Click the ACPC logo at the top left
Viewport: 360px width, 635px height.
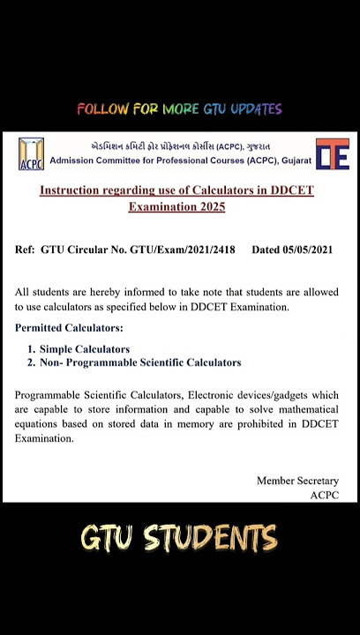31,153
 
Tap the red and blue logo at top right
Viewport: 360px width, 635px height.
333,153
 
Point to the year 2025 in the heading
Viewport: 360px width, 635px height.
210,206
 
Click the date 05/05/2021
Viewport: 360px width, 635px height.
307,250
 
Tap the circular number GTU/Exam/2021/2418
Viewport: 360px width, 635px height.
183,250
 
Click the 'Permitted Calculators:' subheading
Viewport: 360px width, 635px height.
69,328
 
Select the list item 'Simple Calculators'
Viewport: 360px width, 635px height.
84,349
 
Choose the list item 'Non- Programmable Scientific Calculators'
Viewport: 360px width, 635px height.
139,362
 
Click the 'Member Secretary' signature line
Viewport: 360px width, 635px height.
297,481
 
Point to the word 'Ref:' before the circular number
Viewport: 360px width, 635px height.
25,250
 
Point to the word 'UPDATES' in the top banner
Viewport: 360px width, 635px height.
256,109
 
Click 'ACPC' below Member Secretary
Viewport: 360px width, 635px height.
324,495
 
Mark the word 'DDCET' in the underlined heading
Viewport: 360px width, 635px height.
292,190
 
